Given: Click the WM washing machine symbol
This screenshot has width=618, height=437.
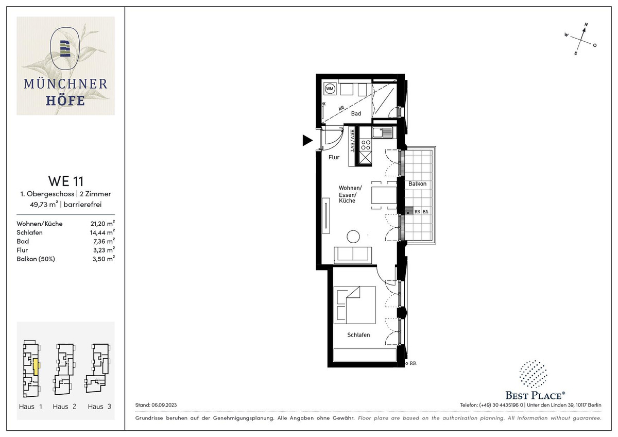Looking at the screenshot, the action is click(x=330, y=89).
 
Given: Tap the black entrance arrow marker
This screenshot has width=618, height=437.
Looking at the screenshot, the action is click(x=307, y=140).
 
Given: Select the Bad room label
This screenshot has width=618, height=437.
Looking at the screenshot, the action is click(x=356, y=113).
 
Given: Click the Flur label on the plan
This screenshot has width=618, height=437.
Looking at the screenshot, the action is click(x=334, y=157).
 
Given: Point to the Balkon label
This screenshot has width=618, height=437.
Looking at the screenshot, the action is click(x=417, y=183).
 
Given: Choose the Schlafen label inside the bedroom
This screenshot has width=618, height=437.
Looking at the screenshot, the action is click(x=358, y=335).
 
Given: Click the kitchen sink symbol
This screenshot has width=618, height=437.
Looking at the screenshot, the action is click(x=382, y=132).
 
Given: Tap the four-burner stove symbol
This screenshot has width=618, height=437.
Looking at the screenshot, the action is click(x=366, y=145).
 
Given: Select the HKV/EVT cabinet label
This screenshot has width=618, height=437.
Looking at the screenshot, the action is click(x=352, y=141).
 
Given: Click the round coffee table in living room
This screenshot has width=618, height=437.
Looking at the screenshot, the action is click(x=353, y=237).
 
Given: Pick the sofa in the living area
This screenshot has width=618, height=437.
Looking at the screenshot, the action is click(x=353, y=256).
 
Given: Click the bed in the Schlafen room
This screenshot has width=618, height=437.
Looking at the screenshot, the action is click(x=354, y=305).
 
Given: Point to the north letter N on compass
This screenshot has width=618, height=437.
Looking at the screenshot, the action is click(x=586, y=25).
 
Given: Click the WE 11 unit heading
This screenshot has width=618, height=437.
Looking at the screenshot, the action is click(x=66, y=181).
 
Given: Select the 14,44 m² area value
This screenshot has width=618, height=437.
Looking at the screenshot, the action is click(x=102, y=232).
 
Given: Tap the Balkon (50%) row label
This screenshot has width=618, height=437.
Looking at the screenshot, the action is click(x=36, y=259).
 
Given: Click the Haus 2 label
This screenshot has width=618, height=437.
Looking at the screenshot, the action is click(x=64, y=407).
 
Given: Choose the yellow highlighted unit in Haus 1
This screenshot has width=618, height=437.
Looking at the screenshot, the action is click(x=36, y=366).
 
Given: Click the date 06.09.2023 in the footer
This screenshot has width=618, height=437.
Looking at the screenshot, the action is click(x=164, y=405).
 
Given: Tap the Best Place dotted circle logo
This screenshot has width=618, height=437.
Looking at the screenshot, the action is click(x=533, y=374).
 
